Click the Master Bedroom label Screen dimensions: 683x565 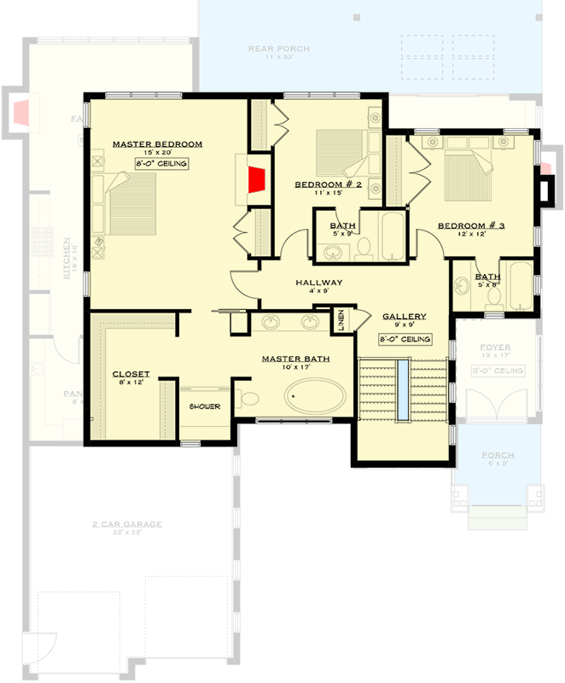[x=157, y=143]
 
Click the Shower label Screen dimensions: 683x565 [x=205, y=406]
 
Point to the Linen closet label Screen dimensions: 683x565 [x=341, y=322]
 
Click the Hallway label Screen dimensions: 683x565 [x=319, y=283]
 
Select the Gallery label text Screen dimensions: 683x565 [x=404, y=316]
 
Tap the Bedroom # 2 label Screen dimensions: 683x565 [x=329, y=184]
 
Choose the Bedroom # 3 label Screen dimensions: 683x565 [x=472, y=225]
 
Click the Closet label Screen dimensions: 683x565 [x=131, y=374]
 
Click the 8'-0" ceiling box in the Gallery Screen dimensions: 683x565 [x=405, y=339]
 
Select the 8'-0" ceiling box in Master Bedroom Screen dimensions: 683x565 [x=161, y=163]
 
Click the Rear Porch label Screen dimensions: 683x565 [x=278, y=49]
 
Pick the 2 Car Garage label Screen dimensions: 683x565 [x=127, y=524]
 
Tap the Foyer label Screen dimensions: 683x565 [x=494, y=347]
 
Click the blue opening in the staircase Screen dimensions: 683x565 [x=401, y=389]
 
